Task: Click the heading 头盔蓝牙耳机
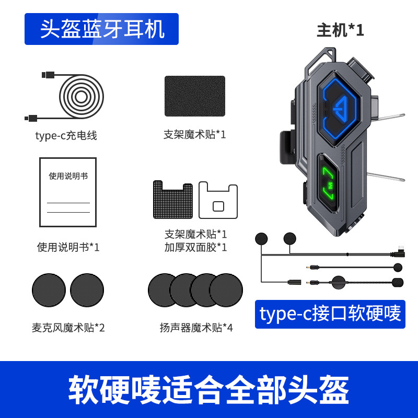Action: pos(102,29)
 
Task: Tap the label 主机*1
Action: pos(340,30)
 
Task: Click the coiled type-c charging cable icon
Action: pos(78,97)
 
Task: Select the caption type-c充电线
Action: pos(66,136)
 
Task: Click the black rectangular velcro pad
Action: pos(195,96)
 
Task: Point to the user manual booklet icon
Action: pos(68,192)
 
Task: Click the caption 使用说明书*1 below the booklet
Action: pos(68,247)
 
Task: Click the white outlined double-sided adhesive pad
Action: pos(218,200)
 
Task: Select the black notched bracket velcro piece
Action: pos(172,200)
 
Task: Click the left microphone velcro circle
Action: pos(49,291)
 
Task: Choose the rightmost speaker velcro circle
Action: pos(228,290)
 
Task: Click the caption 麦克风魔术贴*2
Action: pos(68,328)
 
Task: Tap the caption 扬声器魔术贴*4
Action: pos(196,328)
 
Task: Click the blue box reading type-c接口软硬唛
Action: pos(330,313)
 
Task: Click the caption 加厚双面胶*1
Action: pos(196,247)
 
